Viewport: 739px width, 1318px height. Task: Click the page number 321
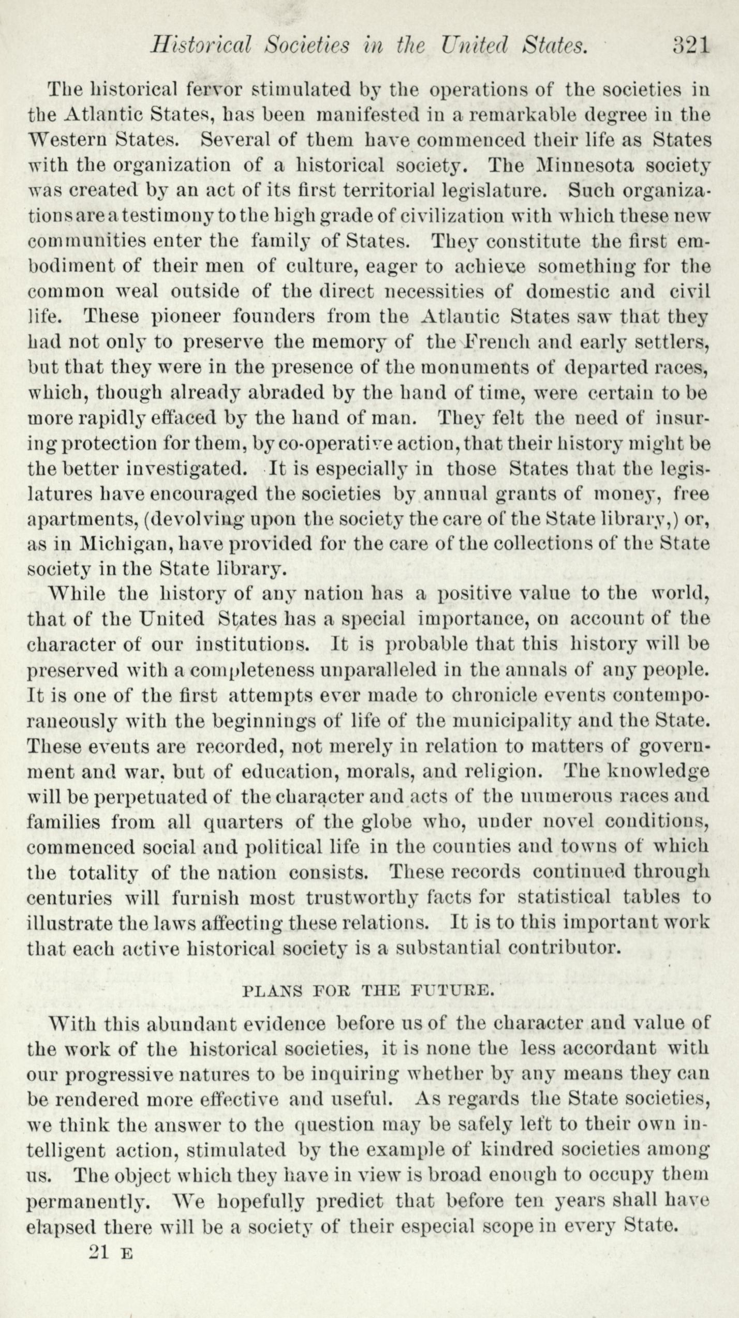(690, 45)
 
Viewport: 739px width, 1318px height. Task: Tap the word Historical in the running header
(200, 45)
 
